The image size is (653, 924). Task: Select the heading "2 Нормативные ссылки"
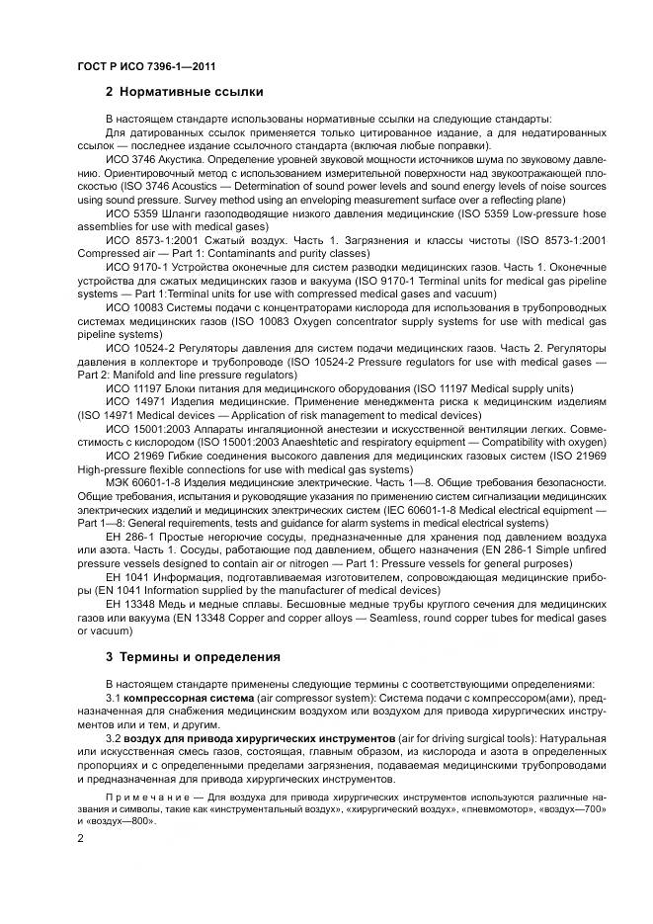(x=184, y=92)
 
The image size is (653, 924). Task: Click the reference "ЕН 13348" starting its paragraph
(x=131, y=602)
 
